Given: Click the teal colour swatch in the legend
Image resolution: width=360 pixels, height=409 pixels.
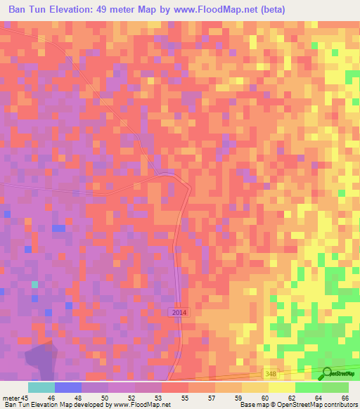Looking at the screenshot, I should tap(41, 387).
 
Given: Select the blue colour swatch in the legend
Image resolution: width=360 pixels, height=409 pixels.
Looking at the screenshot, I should tap(68, 387).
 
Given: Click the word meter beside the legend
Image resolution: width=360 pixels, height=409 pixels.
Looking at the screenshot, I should tap(11, 398).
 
